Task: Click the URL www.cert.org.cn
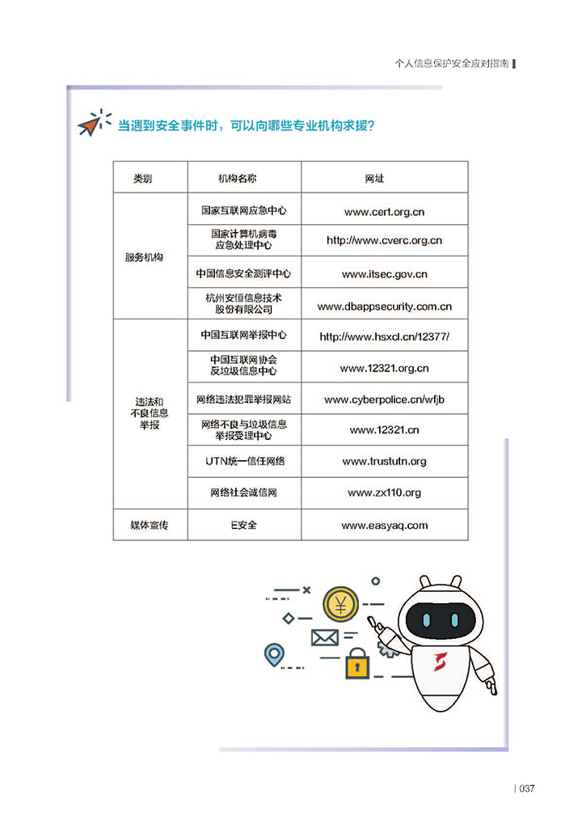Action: [384, 212]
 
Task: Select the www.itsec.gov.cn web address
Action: [384, 274]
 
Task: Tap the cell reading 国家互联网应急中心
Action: [244, 210]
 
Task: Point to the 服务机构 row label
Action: [144, 257]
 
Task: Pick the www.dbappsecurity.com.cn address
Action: [384, 307]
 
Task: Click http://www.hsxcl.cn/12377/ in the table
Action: [384, 336]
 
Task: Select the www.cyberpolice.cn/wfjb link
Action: [384, 400]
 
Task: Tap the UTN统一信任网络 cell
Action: [243, 461]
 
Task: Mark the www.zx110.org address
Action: [384, 493]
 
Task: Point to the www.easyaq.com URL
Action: [384, 526]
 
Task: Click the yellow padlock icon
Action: [356, 665]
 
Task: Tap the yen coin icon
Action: [339, 604]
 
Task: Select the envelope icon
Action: [324, 638]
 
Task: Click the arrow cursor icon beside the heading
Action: [91, 125]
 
